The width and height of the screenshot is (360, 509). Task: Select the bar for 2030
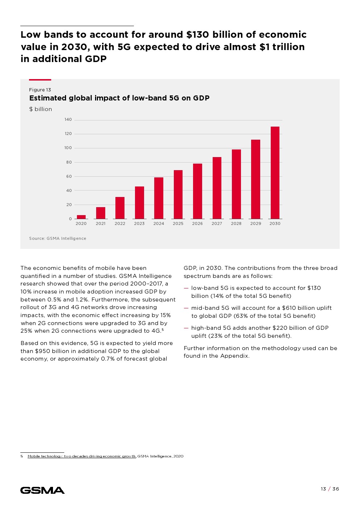[275, 173]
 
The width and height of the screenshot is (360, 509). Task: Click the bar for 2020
[81, 217]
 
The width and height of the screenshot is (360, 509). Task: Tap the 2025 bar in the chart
[178, 194]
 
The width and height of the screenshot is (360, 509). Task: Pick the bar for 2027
[217, 188]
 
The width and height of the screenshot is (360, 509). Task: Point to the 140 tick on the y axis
[68, 120]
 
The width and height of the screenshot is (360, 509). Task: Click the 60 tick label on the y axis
[69, 176]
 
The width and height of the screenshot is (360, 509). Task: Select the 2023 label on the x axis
[139, 223]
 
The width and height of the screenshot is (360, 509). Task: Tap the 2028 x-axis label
[236, 223]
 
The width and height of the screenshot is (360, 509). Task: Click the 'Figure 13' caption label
[40, 90]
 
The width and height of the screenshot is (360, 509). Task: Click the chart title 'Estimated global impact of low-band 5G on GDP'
[119, 98]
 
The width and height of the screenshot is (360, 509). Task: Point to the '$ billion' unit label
[41, 109]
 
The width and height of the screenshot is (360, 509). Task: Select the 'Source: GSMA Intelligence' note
[58, 238]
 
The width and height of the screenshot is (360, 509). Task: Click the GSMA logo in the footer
[42, 490]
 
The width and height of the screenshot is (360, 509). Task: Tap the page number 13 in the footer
[323, 489]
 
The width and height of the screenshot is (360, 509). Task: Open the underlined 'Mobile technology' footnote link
[82, 456]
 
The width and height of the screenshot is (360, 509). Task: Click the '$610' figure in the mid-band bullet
[289, 308]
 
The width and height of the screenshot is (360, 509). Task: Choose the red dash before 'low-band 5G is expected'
[186, 288]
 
